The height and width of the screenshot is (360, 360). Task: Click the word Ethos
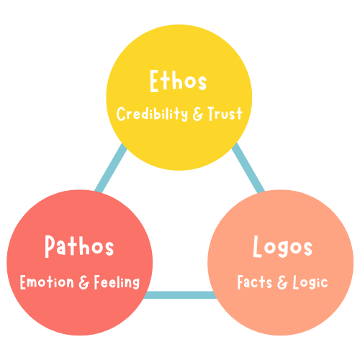coord(178,81)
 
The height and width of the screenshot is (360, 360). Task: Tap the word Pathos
coord(79,246)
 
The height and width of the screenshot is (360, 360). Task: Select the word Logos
coord(283,246)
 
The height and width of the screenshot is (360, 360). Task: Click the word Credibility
coord(152,114)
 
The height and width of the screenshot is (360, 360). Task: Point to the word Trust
coord(225,114)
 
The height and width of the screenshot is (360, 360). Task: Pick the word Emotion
coord(47,282)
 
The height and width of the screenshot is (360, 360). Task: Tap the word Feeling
coord(117,282)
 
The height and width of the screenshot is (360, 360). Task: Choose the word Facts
coord(255,282)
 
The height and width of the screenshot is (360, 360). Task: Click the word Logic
coord(310,282)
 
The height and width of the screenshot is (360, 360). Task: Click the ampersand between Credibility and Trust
coord(198,114)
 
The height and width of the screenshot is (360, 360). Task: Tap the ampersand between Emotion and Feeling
coord(84,282)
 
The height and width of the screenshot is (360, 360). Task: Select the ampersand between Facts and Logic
coord(282,282)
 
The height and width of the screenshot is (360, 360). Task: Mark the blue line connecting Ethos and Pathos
coord(111,168)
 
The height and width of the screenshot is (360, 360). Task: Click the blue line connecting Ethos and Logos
coord(248,168)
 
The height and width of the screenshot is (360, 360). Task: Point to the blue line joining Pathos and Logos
coord(180,295)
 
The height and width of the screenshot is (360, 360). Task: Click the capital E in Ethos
coord(154,81)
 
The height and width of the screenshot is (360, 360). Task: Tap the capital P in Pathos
coord(50,246)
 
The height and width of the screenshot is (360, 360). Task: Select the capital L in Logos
coord(257,246)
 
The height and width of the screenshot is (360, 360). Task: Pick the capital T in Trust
coord(212,114)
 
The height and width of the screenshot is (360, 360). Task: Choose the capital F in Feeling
coord(97,282)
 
